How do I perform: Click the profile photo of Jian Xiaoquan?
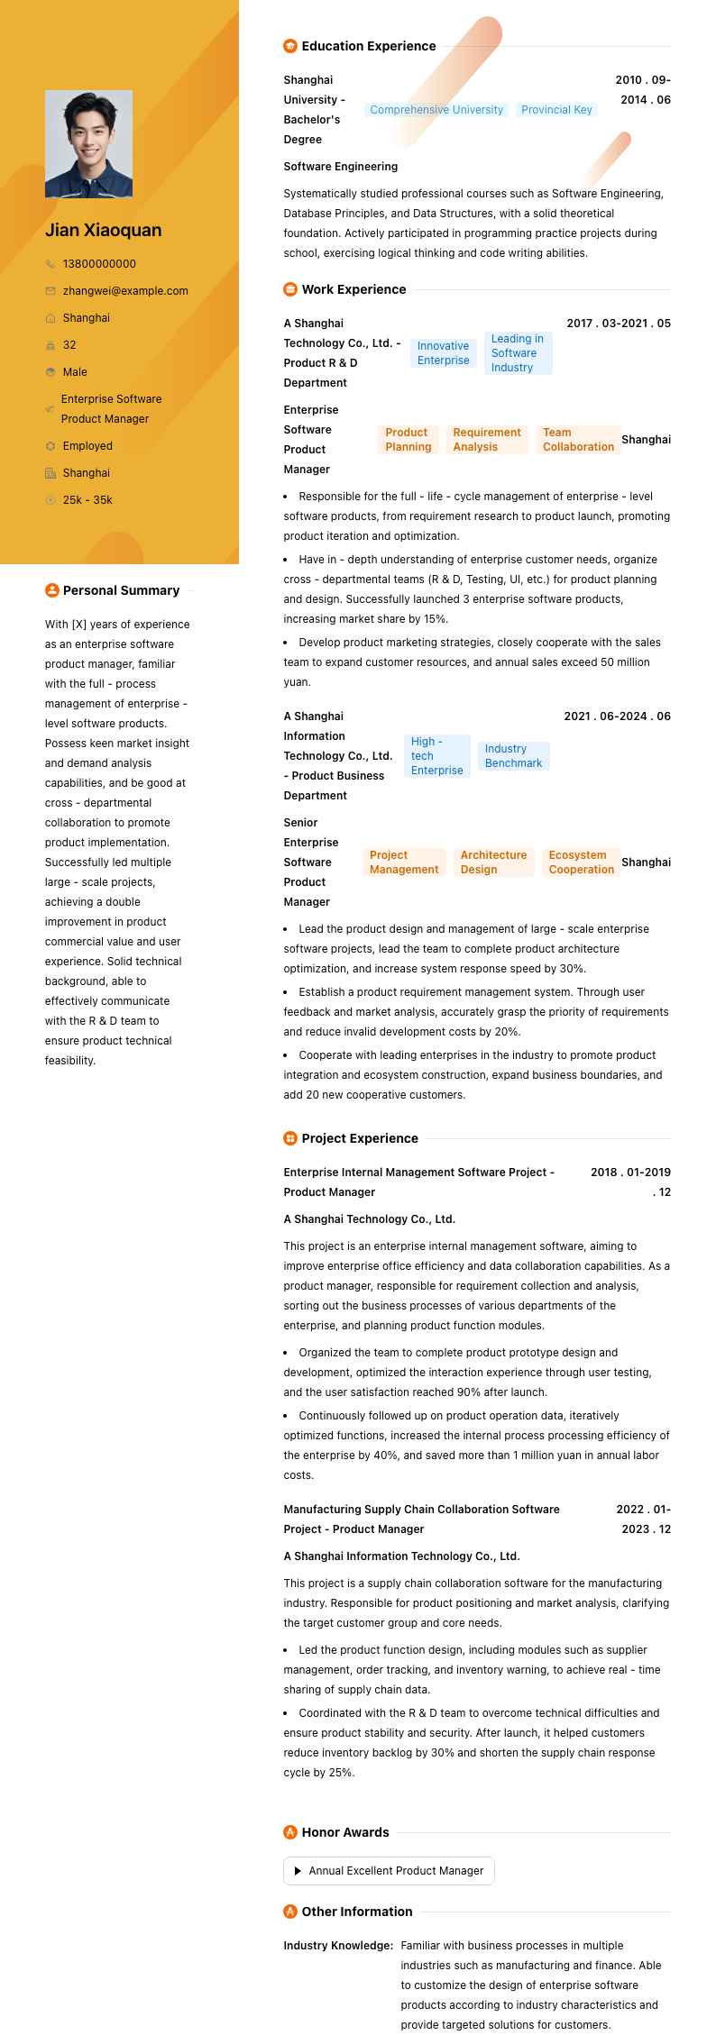coord(88,143)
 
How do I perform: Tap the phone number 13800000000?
coord(99,264)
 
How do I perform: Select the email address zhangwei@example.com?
coord(125,291)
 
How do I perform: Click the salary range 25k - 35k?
coord(87,500)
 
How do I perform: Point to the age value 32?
coord(69,345)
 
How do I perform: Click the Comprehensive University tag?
coord(436,110)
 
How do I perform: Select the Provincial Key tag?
coord(556,110)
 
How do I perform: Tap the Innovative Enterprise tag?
coord(443,353)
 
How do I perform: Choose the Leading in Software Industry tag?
coord(518,353)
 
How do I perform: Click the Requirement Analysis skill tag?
coord(487,440)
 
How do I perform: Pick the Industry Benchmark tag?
coord(513,756)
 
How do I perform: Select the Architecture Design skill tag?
coord(493,862)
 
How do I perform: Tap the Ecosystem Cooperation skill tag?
coord(581,862)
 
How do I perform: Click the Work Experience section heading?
coord(353,289)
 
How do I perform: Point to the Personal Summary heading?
coord(121,590)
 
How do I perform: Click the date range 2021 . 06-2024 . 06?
coord(617,716)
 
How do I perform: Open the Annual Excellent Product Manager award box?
coord(389,1871)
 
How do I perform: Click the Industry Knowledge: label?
coord(338,1946)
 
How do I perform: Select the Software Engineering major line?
coord(341,167)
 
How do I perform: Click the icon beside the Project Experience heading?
coord(290,1138)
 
